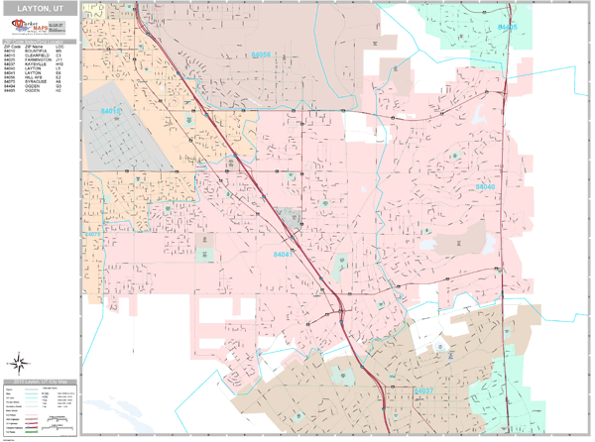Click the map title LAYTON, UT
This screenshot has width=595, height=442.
pos(40,7)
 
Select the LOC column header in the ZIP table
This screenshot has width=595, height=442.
pos(59,46)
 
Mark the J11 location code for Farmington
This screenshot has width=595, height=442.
pos(59,60)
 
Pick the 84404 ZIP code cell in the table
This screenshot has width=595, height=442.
pos(9,85)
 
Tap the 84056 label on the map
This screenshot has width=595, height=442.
pos(261,55)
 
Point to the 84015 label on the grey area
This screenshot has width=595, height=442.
pos(111,111)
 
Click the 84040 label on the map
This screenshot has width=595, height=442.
pos(485,186)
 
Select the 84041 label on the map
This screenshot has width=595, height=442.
pos(283,255)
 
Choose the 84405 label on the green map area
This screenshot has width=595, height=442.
pos(507,27)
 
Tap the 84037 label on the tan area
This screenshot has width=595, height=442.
pos(424,391)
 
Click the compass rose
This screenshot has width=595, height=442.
pos(21,362)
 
